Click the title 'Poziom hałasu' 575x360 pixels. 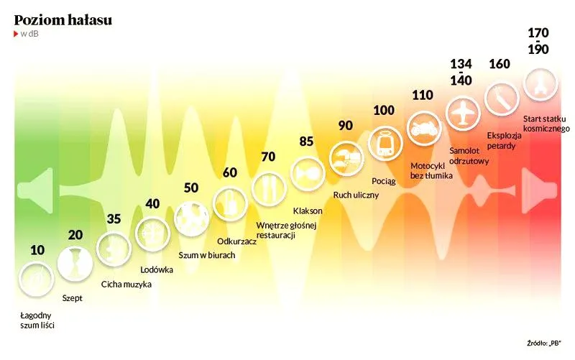click(x=63, y=20)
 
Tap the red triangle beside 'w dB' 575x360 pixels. click(x=16, y=34)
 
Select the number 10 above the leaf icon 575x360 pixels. click(x=37, y=250)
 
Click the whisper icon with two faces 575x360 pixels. click(x=75, y=264)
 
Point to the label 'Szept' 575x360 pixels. click(x=73, y=298)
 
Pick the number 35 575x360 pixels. click(x=114, y=219)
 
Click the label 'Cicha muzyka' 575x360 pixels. click(x=126, y=284)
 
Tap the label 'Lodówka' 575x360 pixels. click(x=157, y=269)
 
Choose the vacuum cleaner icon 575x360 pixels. click(x=230, y=203)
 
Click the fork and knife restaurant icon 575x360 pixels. click(x=269, y=188)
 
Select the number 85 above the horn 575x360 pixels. click(x=306, y=142)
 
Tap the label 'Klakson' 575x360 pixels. click(x=308, y=211)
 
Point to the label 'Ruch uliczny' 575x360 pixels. click(x=356, y=195)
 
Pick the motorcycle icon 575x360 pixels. click(x=424, y=129)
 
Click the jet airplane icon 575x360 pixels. click(x=463, y=113)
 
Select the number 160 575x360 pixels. click(x=500, y=64)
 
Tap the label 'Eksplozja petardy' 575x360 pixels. click(x=504, y=140)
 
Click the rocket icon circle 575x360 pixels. click(x=540, y=84)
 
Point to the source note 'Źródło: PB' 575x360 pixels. click(x=544, y=343)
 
